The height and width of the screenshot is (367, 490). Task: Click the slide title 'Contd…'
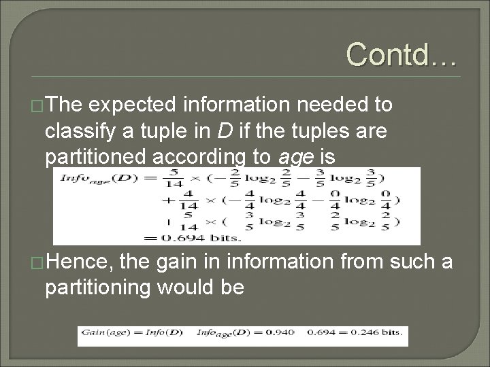pyautogui.click(x=400, y=52)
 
